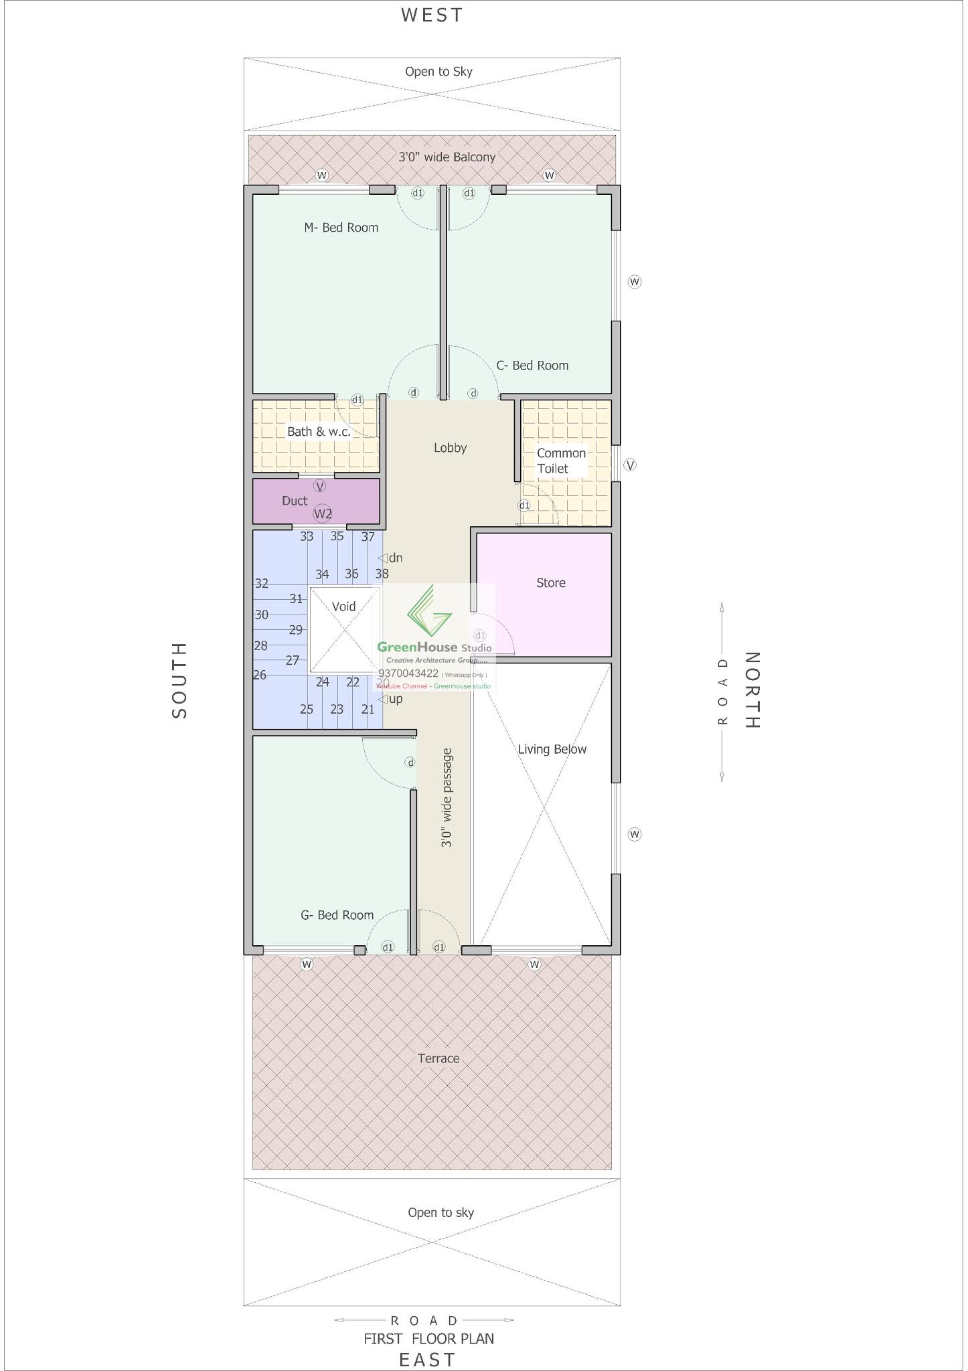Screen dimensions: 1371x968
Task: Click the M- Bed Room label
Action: point(341,228)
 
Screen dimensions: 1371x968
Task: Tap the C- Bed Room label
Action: point(532,366)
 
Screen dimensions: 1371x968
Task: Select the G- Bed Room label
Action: point(337,915)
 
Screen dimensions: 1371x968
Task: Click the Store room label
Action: point(551,583)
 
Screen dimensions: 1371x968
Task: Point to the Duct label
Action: point(295,501)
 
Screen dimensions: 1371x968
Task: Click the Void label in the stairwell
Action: point(343,607)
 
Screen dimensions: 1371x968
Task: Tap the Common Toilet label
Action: point(560,461)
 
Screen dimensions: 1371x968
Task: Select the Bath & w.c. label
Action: point(319,432)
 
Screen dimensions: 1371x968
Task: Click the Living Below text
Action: point(552,749)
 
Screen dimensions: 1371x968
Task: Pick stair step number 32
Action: point(261,583)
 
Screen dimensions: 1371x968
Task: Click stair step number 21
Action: point(368,709)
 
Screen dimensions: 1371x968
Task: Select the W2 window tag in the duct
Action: point(323,514)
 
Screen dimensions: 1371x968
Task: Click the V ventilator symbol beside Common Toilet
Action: point(630,465)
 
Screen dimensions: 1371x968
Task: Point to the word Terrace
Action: point(438,1058)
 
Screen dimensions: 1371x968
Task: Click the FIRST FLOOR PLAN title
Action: point(428,1338)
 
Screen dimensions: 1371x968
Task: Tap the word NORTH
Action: point(752,690)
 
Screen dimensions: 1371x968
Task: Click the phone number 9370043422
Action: point(408,673)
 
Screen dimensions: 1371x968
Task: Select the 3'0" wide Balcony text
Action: point(447,157)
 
